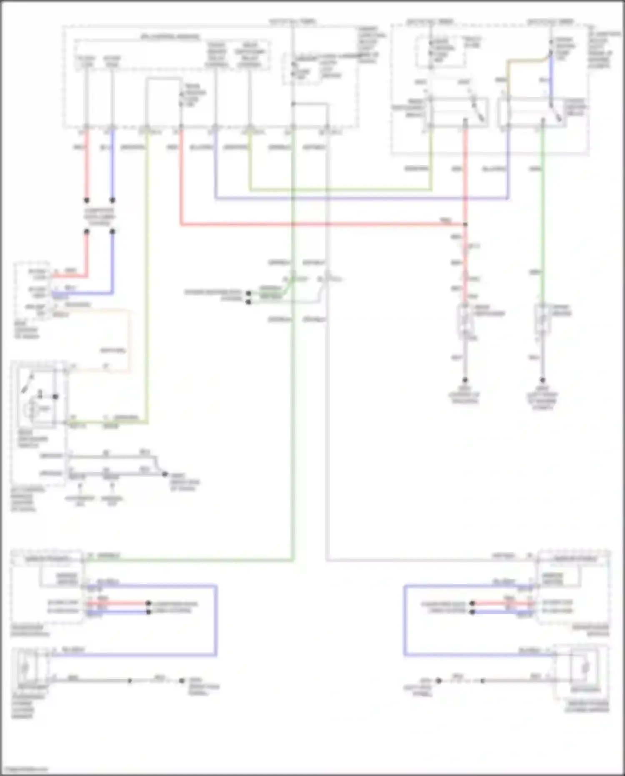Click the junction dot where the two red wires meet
click(x=465, y=224)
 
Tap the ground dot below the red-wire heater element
click(x=465, y=380)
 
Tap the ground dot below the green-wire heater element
click(x=542, y=380)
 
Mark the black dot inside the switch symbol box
click(x=55, y=397)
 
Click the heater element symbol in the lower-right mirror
click(x=585, y=668)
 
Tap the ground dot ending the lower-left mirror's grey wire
click(x=182, y=681)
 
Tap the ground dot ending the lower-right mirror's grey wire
click(x=439, y=681)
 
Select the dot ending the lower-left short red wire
click(x=148, y=603)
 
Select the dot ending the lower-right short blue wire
click(x=472, y=612)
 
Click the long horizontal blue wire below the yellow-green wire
click(x=358, y=198)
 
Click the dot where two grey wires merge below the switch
click(x=165, y=474)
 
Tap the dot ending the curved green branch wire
click(x=248, y=293)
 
